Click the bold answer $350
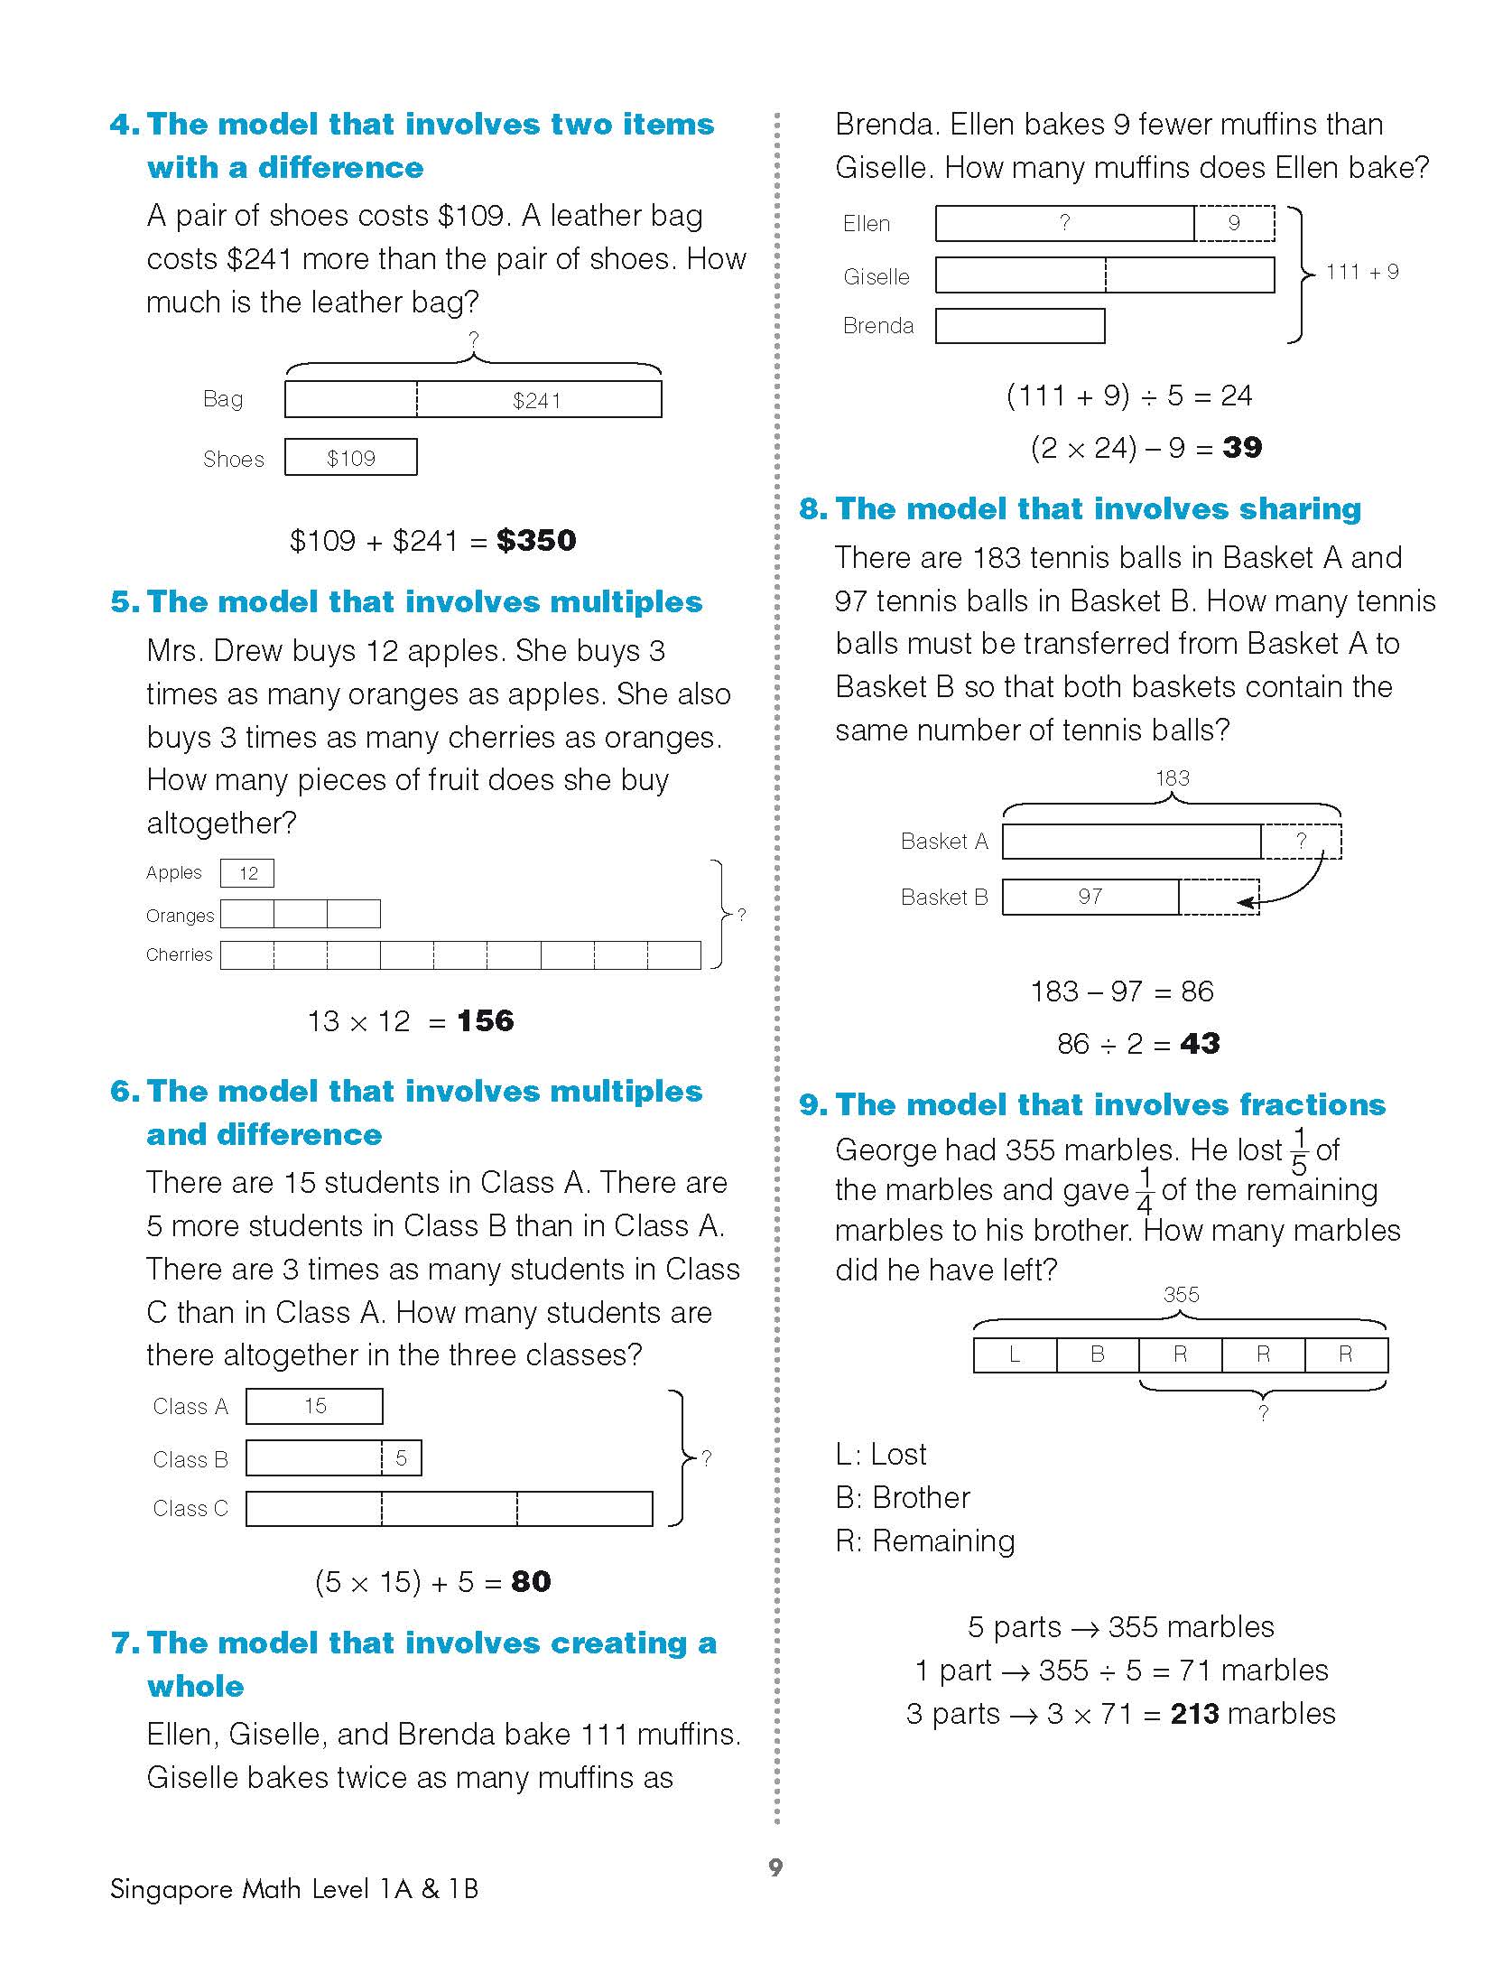click(x=536, y=541)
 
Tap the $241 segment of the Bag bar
click(x=538, y=400)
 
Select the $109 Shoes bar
click(x=351, y=458)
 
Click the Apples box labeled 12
click(x=247, y=873)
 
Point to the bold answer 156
click(x=485, y=1021)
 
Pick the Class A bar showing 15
click(x=314, y=1406)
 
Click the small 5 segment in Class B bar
click(x=402, y=1457)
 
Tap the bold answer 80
click(x=531, y=1581)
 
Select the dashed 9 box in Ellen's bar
click(x=1234, y=223)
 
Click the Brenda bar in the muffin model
click(x=1020, y=326)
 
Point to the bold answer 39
click(x=1242, y=447)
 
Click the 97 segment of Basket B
click(x=1090, y=897)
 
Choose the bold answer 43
click(x=1200, y=1044)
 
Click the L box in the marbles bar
click(x=1015, y=1354)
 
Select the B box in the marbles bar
click(x=1098, y=1354)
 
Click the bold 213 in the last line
click(x=1194, y=1714)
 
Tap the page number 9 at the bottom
click(x=775, y=1866)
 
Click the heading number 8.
click(x=812, y=509)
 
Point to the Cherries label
click(x=179, y=954)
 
